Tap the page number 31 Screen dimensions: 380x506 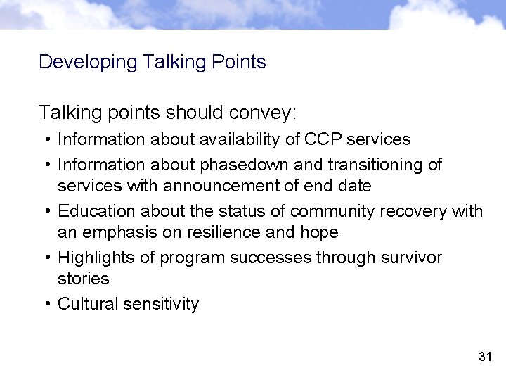[484, 357]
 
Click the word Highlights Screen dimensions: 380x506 [96, 258]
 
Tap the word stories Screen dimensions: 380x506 [83, 279]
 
